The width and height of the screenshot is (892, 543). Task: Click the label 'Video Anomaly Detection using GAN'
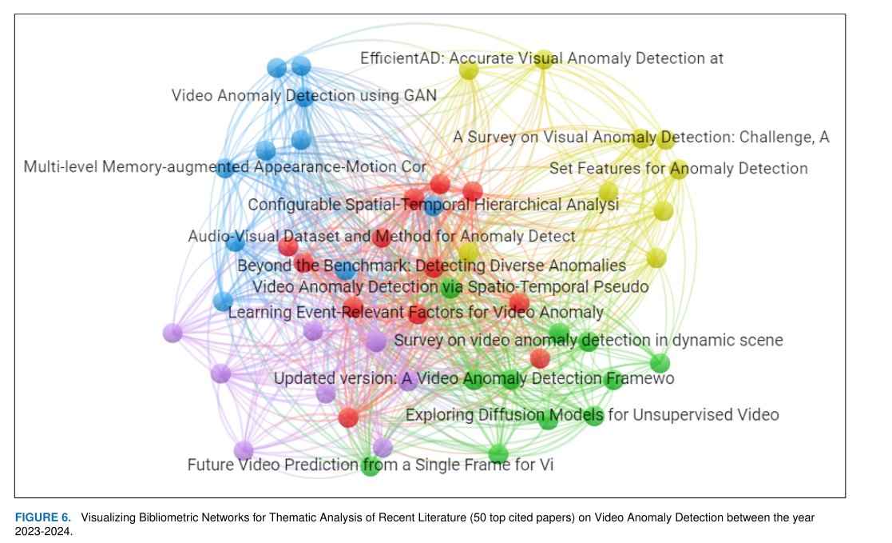tap(304, 96)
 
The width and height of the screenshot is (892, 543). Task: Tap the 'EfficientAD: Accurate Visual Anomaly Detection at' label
tap(541, 58)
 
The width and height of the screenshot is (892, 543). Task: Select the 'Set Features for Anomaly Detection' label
tap(678, 169)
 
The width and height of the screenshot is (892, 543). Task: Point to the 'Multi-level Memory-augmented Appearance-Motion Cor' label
tap(225, 167)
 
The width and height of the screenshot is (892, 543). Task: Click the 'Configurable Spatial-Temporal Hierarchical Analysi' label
tap(433, 205)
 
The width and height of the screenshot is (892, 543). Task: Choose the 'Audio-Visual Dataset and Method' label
tap(381, 237)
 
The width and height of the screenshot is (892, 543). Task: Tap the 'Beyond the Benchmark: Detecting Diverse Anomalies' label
tap(431, 266)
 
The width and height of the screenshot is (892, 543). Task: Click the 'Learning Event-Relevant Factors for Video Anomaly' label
tap(415, 313)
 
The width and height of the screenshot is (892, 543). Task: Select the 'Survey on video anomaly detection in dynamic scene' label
tap(588, 341)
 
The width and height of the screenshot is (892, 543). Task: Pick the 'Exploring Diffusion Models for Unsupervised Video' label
tap(592, 415)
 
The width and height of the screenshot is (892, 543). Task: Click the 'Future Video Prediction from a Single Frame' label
tap(370, 465)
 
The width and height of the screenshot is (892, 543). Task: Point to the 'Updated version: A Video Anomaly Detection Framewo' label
tap(474, 378)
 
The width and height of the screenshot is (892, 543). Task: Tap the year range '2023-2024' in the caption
tap(44, 531)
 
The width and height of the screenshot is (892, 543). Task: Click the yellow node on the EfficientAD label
tap(544, 59)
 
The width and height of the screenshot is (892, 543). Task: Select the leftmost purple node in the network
tap(172, 333)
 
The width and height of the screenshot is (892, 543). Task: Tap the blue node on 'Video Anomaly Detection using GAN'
tap(304, 98)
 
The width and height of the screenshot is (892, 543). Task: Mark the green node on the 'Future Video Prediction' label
tap(371, 466)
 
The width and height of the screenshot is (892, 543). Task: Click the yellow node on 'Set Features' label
tap(679, 169)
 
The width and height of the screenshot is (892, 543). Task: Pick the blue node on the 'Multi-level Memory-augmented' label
tap(226, 169)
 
